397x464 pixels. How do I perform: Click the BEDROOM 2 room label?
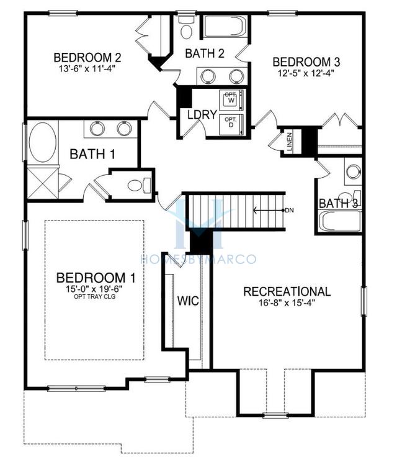point(87,57)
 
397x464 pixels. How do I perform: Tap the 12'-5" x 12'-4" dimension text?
point(306,73)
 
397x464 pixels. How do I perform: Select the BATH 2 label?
point(205,53)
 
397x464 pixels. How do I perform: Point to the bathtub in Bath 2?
point(225,26)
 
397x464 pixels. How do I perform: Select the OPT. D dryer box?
point(231,125)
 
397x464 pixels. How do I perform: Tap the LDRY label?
point(202,114)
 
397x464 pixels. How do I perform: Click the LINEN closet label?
point(289,142)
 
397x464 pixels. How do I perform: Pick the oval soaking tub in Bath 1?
point(43,142)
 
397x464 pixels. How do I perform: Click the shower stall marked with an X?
point(43,183)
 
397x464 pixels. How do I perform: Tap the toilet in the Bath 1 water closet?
point(140,185)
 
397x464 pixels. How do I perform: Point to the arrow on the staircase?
point(268,211)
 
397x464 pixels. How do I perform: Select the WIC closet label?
point(188,301)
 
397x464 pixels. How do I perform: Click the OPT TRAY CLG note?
point(94,296)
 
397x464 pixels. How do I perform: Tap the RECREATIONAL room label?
point(287,291)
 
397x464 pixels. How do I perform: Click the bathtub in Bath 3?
point(341,221)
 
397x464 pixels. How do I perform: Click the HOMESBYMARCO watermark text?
point(198,260)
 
